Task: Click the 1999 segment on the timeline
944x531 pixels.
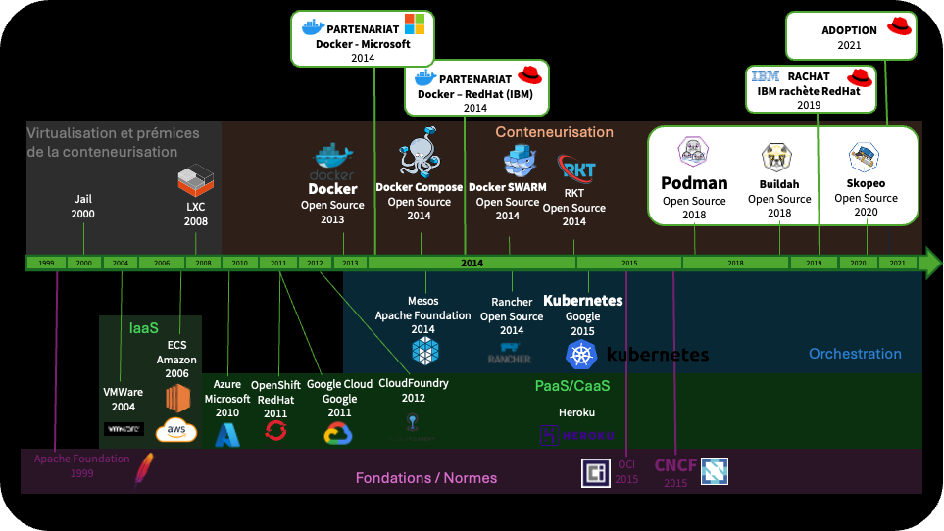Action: pos(45,263)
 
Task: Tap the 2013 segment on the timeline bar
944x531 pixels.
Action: pos(349,263)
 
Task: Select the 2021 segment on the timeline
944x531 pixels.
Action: pos(897,263)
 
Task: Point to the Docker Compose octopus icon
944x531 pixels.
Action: pos(420,151)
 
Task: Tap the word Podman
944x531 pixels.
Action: pos(694,183)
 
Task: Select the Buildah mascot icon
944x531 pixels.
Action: pos(778,157)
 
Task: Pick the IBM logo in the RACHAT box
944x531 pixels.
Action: pos(766,76)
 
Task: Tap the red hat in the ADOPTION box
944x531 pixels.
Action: pos(900,26)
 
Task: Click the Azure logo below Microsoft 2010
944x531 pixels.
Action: pos(227,434)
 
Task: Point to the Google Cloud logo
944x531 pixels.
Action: pos(338,433)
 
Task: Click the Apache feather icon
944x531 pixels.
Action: pos(144,469)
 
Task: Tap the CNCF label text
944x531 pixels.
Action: pos(675,465)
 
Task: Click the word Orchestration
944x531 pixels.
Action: pos(855,354)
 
